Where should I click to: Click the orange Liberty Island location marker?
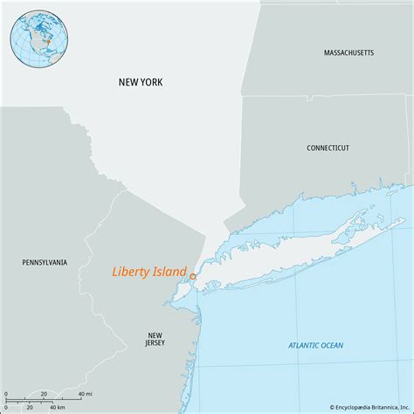[x=193, y=276]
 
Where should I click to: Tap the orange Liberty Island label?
[x=148, y=272]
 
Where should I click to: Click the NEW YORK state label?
[x=141, y=82]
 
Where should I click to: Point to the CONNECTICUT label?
[x=328, y=148]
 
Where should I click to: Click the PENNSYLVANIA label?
[x=45, y=261]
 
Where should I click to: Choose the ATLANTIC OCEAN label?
[x=316, y=346]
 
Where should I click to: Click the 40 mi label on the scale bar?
[x=85, y=394]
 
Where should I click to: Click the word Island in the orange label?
[x=168, y=272]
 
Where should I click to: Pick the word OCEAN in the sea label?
[x=331, y=346]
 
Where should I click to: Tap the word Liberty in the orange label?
[x=129, y=272]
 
